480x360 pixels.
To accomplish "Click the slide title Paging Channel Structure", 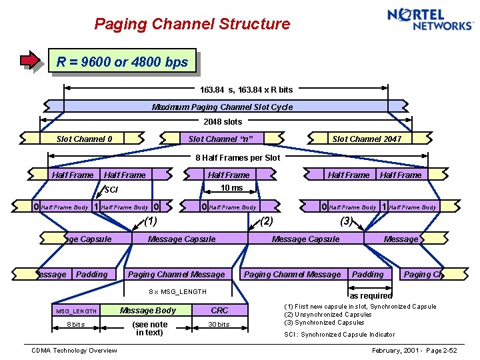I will (x=192, y=25).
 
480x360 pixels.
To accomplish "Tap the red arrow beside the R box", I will (x=31, y=61).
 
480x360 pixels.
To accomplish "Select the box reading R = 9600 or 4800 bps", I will (x=123, y=62).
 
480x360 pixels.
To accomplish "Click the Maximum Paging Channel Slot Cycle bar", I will (x=222, y=107).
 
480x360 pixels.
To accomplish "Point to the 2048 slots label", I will (x=223, y=122).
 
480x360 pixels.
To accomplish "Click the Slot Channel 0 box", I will (x=84, y=139).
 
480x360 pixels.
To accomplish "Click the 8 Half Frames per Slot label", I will (x=237, y=158).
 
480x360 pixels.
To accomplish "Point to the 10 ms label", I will (x=232, y=188).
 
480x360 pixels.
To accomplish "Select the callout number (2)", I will (x=267, y=221).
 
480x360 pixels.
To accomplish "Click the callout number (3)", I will (x=346, y=221).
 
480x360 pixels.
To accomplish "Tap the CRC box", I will (x=219, y=310).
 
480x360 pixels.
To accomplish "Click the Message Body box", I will (x=147, y=310).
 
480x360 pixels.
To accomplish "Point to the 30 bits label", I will (x=219, y=325).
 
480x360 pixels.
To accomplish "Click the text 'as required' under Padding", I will (x=371, y=295).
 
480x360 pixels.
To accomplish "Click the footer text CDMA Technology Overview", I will (x=74, y=351).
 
